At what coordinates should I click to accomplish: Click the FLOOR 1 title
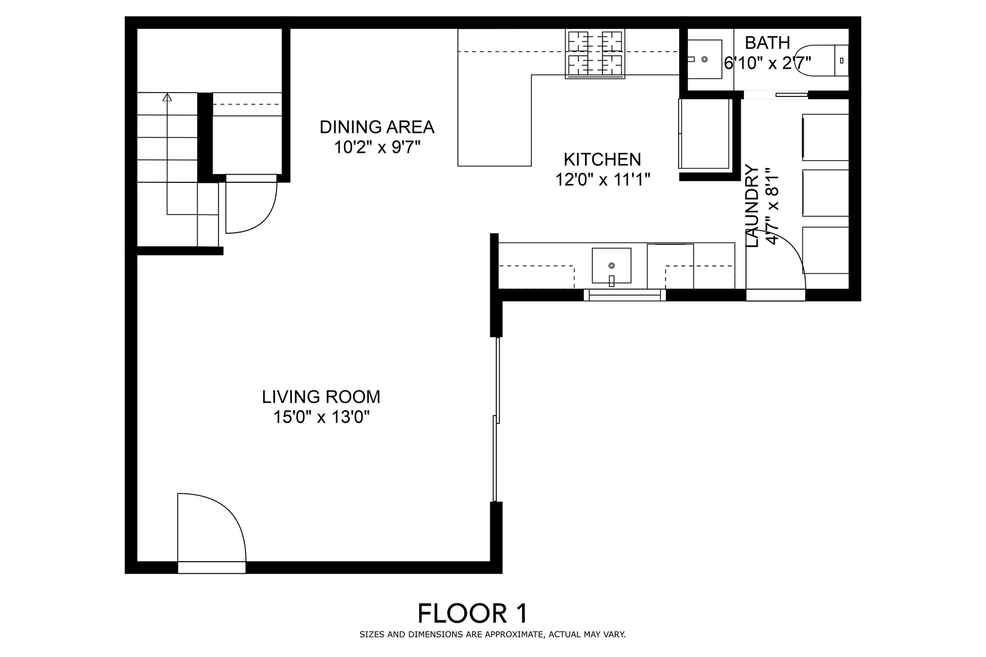pos(473,613)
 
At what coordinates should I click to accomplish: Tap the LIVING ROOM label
pos(321,396)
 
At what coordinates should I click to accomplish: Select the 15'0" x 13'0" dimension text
pos(322,417)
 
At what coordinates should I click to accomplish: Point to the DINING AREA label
pos(377,127)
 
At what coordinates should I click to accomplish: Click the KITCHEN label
pos(602,159)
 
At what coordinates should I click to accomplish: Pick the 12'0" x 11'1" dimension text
pos(603,180)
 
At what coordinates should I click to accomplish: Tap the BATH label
pos(767,43)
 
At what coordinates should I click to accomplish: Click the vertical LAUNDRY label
pos(753,206)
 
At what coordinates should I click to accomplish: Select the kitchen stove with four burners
pos(595,54)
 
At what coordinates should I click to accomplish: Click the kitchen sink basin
pos(611,266)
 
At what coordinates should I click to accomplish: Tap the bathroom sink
pos(704,59)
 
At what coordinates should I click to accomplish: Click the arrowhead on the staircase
pos(167,97)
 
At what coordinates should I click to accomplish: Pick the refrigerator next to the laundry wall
pos(704,134)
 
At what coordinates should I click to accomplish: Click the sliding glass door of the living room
pos(496,419)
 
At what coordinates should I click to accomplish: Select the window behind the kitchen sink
pos(624,295)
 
